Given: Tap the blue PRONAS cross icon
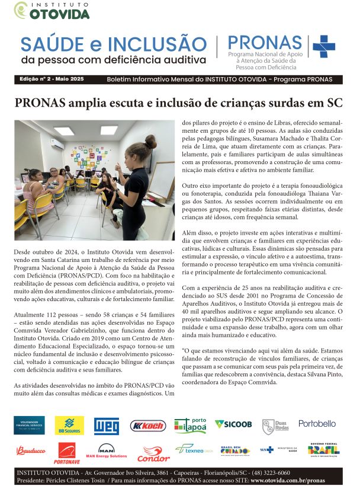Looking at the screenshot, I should tap(323, 46).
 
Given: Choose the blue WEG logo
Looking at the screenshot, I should tap(107, 425).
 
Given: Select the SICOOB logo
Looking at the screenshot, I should tap(233, 424).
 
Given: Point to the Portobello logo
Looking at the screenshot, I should tap(317, 424).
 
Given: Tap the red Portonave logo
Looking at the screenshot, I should tap(67, 453).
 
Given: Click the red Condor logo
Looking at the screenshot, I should tap(153, 453).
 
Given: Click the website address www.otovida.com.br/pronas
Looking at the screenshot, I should tap(295, 480).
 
